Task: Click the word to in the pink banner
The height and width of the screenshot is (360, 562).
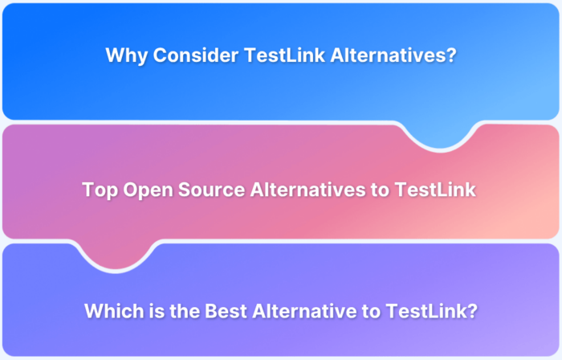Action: pos(381,190)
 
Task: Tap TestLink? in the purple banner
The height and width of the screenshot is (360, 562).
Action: pos(426,310)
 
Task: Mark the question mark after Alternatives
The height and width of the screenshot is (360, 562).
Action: pos(451,56)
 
